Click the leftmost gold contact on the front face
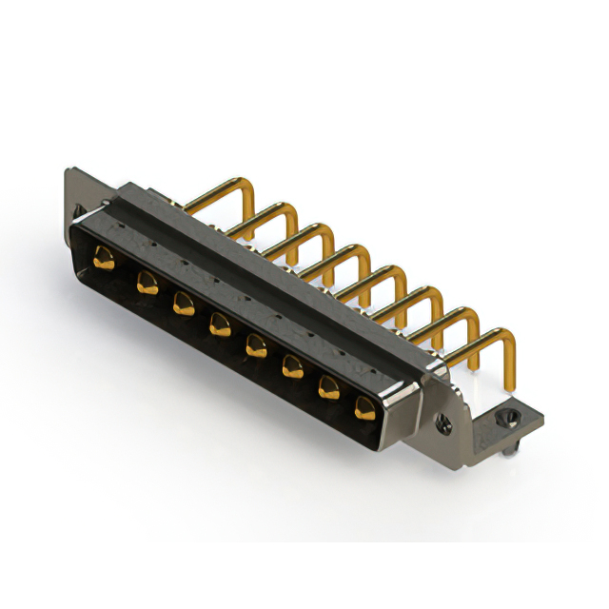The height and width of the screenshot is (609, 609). click(x=102, y=254)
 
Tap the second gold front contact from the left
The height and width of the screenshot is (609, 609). click(x=147, y=281)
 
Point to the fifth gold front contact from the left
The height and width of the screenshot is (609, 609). click(x=255, y=344)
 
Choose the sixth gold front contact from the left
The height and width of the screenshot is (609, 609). click(x=290, y=365)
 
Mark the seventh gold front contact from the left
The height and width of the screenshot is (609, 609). click(x=328, y=386)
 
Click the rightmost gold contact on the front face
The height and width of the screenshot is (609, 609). click(x=365, y=407)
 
